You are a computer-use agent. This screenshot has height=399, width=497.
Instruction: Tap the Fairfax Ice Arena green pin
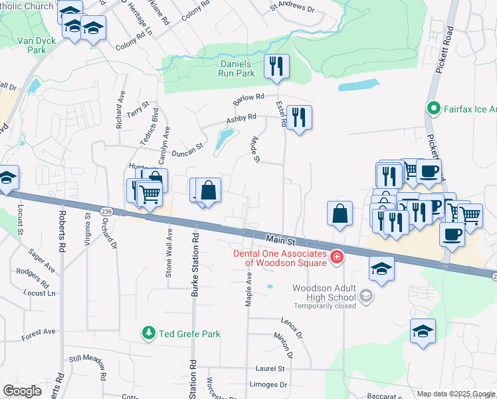coord(434,106)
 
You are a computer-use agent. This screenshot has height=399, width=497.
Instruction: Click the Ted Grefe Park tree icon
coord(149,333)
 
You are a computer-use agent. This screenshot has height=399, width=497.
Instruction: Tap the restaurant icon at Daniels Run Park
coord(276,66)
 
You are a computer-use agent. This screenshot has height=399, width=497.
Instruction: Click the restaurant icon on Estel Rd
coord(299,118)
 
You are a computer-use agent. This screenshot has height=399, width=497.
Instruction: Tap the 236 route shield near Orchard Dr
coord(106,211)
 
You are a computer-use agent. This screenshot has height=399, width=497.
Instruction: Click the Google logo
coord(22,391)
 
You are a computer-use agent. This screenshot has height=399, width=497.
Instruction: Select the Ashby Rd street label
coord(241,118)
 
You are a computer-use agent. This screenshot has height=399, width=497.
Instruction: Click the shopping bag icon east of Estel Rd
coord(340,213)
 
